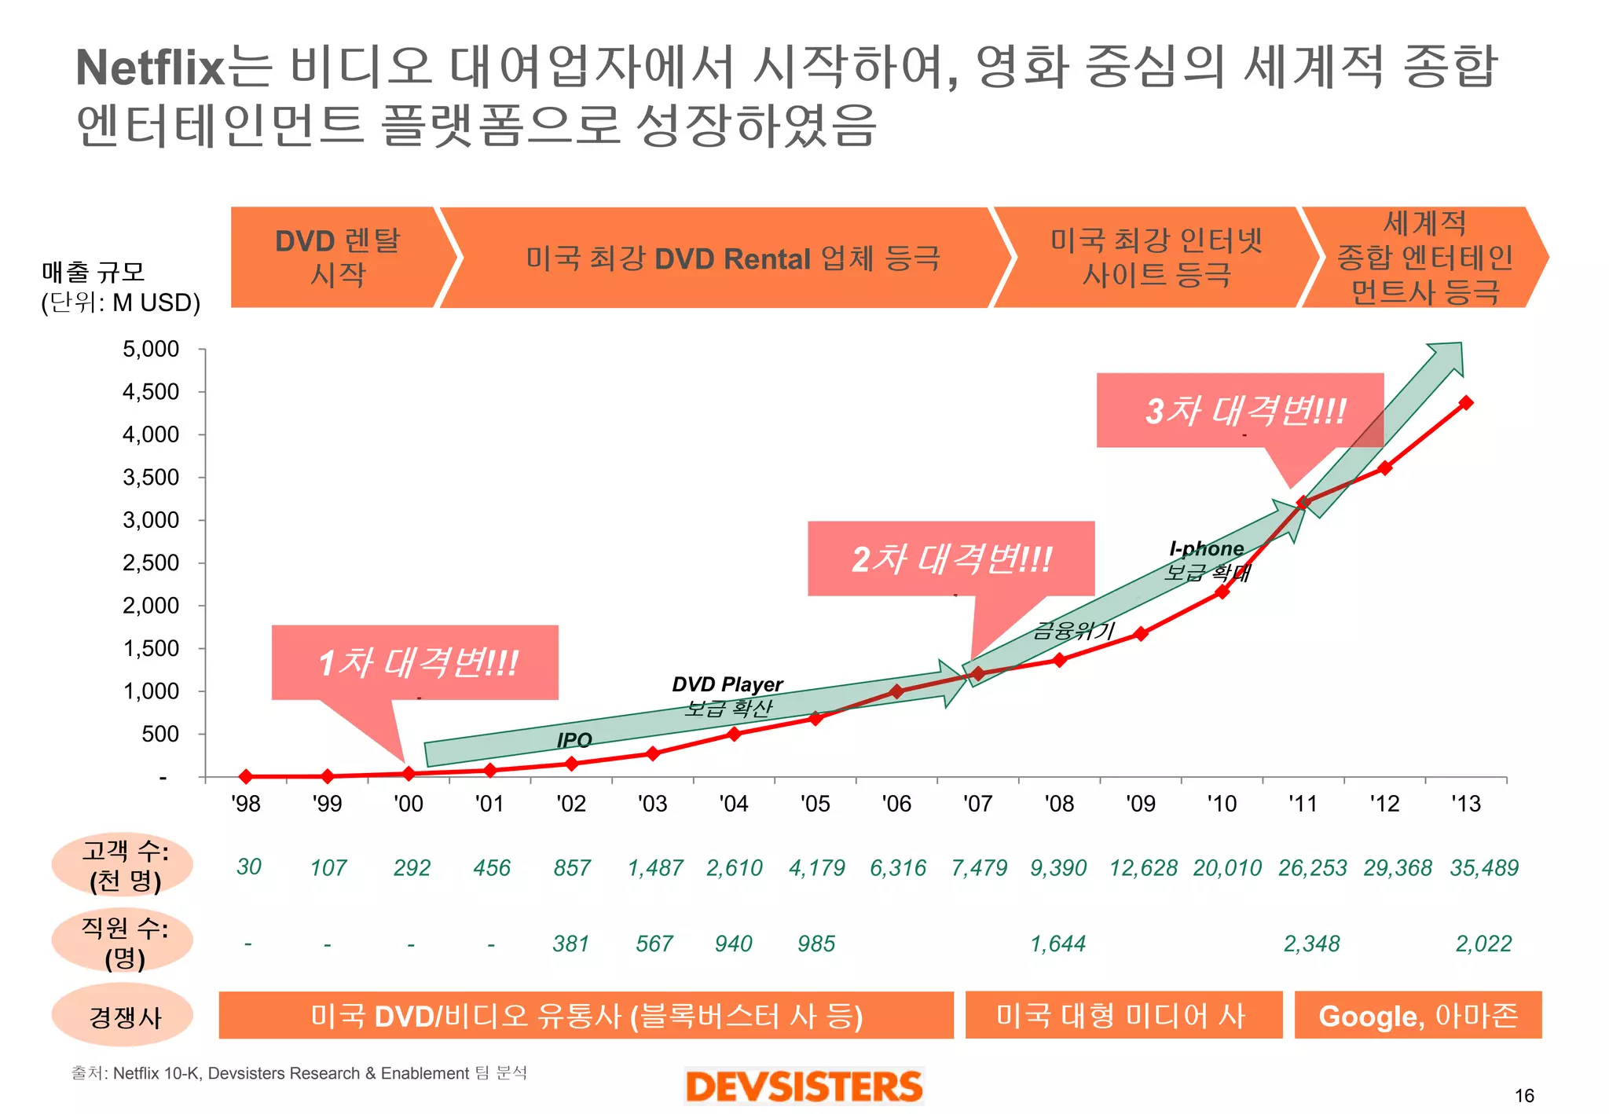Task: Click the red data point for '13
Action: click(x=1465, y=403)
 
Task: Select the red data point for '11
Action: click(x=1303, y=503)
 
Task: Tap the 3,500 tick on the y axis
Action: click(x=151, y=477)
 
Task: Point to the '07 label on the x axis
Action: click(x=977, y=804)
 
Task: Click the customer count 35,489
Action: click(x=1483, y=867)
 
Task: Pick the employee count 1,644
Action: click(x=1057, y=944)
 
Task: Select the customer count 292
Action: click(x=412, y=867)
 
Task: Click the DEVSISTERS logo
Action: click(x=804, y=1087)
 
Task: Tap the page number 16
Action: click(x=1523, y=1095)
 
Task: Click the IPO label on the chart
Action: click(x=574, y=740)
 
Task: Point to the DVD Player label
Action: click(x=728, y=684)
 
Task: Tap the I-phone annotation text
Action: click(x=1206, y=548)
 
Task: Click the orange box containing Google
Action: click(x=1417, y=1016)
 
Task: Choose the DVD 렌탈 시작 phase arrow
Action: click(x=338, y=258)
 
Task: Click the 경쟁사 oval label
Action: click(x=123, y=1017)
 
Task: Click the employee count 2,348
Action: click(x=1311, y=944)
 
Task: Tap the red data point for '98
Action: click(x=246, y=776)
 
